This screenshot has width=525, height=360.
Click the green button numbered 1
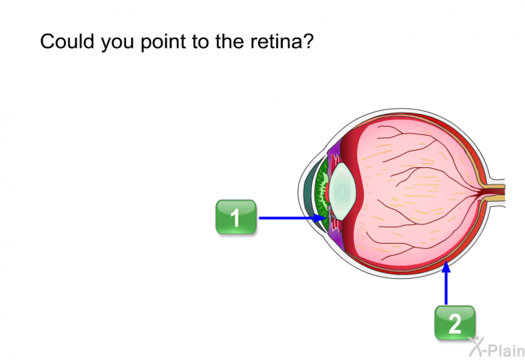pos(235,217)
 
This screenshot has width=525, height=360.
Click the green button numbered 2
pos(454,323)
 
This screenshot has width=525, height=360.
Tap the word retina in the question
pos(275,42)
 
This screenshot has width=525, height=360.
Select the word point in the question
pos(159,43)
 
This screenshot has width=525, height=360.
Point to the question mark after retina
pos(307,42)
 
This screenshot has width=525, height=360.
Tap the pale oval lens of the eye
pos(341,191)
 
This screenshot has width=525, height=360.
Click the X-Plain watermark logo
pos(495,346)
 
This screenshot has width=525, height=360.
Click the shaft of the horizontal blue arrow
pos(289,217)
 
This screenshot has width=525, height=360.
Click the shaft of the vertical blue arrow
pos(446,289)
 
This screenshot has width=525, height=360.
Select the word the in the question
pos(227,42)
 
